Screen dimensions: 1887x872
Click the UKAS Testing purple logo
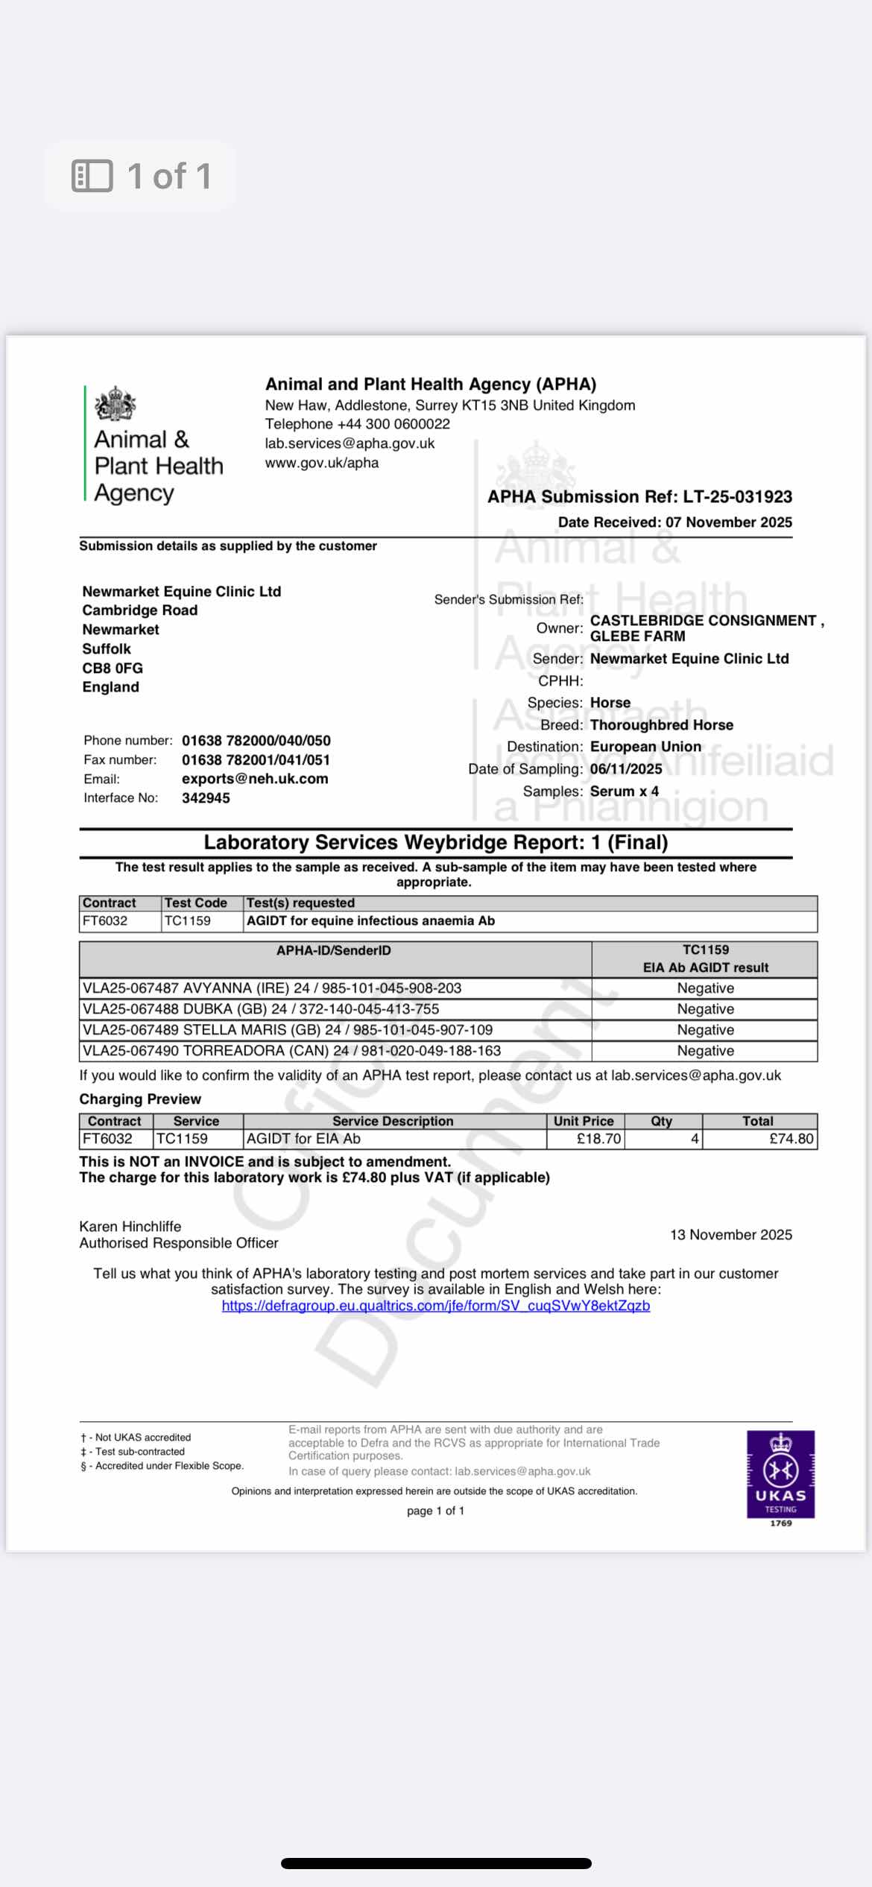[x=780, y=1474]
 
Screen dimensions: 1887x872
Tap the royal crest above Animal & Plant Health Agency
[x=115, y=405]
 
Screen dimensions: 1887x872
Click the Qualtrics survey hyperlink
[x=436, y=1306]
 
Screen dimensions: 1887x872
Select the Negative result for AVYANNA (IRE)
[x=705, y=988]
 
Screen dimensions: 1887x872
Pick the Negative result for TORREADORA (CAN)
[x=705, y=1051]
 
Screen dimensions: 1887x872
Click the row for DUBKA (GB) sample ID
[x=261, y=1009]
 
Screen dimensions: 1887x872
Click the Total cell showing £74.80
[x=791, y=1139]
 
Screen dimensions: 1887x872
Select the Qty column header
[x=661, y=1121]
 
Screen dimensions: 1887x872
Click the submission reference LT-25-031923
[x=737, y=497]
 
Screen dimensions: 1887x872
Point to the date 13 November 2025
[x=730, y=1235]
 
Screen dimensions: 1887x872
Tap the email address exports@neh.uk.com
[x=255, y=779]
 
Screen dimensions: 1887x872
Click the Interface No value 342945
[x=206, y=798]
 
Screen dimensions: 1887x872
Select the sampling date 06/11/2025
[x=626, y=769]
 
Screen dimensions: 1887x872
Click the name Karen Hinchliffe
[x=130, y=1227]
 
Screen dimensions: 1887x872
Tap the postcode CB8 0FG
[x=113, y=668]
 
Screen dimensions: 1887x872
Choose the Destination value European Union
[x=645, y=747]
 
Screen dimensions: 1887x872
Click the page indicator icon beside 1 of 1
[x=92, y=176]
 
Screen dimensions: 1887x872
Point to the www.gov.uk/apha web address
[x=322, y=463]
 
